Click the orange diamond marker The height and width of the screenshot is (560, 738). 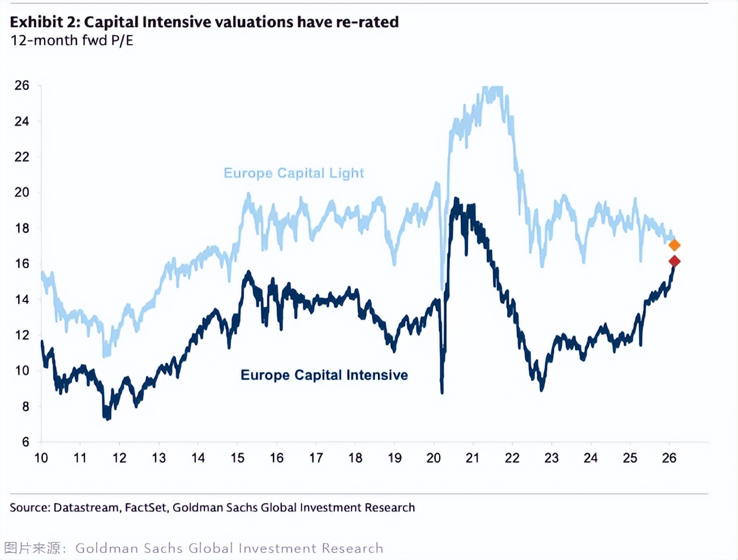(674, 245)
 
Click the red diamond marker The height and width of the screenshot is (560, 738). (674, 261)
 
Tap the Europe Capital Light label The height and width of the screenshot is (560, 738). (294, 173)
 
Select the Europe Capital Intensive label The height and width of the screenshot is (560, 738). (324, 375)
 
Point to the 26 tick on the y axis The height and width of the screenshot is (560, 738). (22, 85)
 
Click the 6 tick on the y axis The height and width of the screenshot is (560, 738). (25, 442)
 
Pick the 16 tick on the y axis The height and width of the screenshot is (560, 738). (22, 264)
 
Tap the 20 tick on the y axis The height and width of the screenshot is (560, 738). (22, 192)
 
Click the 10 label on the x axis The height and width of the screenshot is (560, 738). (41, 458)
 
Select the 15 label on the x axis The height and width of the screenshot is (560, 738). (237, 458)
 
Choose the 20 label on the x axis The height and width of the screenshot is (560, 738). (434, 458)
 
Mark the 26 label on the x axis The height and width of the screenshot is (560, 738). (669, 458)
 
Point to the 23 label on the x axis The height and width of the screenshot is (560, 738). (551, 458)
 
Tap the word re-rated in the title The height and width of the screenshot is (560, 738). (367, 22)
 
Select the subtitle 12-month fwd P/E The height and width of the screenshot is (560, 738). (72, 41)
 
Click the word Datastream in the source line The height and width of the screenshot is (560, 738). (86, 507)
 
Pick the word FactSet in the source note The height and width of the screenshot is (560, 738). (146, 507)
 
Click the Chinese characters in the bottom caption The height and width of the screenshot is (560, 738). (32, 548)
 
